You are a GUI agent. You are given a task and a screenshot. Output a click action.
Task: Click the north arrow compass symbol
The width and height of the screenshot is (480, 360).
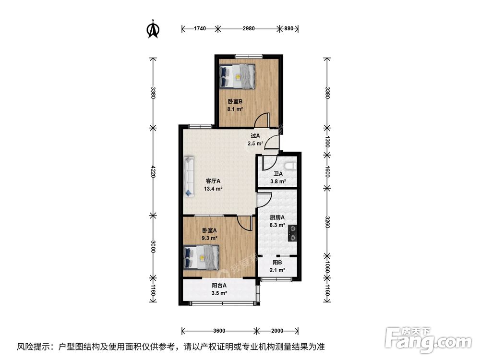click(x=153, y=28)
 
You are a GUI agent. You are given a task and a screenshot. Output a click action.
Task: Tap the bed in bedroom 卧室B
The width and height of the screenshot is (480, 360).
click(x=238, y=76)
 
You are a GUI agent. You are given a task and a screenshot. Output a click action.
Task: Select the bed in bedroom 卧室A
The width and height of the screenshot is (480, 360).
click(x=201, y=257)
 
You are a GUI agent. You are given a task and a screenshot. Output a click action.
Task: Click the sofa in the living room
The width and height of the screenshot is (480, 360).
click(x=189, y=176)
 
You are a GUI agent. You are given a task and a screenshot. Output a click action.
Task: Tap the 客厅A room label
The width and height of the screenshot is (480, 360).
click(x=213, y=181)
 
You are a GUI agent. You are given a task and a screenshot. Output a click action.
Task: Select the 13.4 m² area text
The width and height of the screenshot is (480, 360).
click(x=213, y=189)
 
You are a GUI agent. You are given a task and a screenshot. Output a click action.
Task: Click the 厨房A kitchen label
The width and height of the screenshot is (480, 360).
click(x=277, y=217)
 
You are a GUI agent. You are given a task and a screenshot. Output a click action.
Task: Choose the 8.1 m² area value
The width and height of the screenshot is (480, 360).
click(x=235, y=109)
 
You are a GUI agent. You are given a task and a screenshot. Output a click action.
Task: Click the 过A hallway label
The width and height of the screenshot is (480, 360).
click(x=255, y=136)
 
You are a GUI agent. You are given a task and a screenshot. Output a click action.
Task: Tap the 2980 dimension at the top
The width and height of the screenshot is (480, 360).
click(x=249, y=29)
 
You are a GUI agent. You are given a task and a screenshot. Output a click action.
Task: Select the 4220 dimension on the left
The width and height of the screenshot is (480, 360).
click(x=153, y=171)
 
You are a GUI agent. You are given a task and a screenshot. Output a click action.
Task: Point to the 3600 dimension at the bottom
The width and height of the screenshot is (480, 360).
click(x=219, y=331)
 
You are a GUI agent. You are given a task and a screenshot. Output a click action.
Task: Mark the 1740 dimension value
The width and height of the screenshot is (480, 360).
click(x=200, y=29)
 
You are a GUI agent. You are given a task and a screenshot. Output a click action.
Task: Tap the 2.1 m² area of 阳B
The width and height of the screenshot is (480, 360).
click(x=277, y=270)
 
